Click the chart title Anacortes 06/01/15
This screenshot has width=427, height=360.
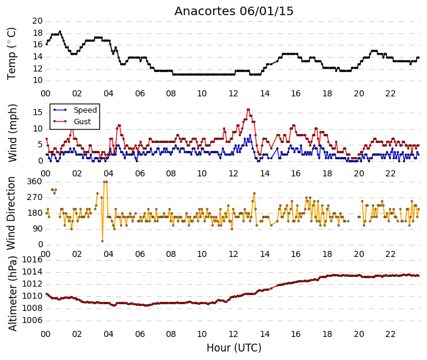point(234,11)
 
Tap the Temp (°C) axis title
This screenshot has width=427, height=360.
point(12,54)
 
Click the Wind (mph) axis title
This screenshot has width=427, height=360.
point(12,133)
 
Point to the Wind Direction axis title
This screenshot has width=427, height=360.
point(11,213)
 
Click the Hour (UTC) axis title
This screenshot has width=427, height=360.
point(234,348)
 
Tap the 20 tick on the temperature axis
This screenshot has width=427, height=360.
point(38,21)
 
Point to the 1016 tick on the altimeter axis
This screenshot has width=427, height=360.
point(32,259)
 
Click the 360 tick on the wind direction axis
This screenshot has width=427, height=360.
point(35,181)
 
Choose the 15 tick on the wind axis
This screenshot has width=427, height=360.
point(38,113)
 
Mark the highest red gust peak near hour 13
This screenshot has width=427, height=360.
point(248,110)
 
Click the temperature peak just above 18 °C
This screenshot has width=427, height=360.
point(60,32)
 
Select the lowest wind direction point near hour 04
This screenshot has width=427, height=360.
point(102,241)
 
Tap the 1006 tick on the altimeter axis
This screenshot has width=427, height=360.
point(32,320)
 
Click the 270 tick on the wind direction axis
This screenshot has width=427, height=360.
point(35,198)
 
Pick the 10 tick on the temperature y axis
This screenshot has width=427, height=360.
point(38,81)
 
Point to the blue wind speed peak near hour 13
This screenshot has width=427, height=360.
point(250,135)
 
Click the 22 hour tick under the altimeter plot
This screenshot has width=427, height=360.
point(390,334)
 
